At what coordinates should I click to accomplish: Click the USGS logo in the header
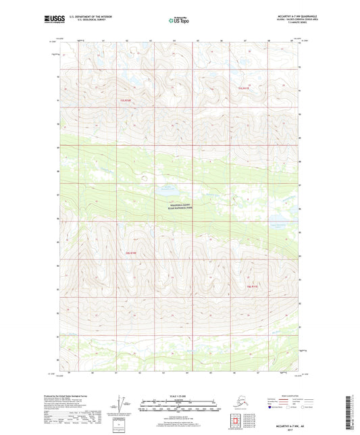point(55,20)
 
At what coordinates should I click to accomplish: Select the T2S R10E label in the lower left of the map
point(131,253)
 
